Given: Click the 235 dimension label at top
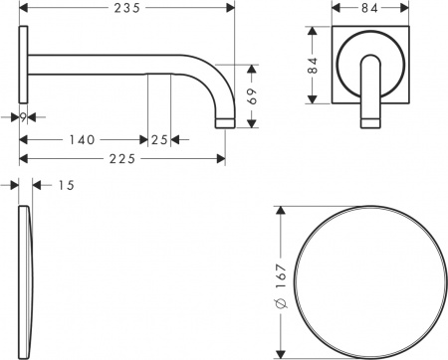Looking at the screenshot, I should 126,8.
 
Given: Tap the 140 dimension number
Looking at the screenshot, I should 82,139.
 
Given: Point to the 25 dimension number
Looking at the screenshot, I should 159,139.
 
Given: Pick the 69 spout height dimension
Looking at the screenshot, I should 253,96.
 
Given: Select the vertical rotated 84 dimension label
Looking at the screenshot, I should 313,66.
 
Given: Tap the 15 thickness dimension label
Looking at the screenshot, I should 66,184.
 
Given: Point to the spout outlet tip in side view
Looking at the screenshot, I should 224,123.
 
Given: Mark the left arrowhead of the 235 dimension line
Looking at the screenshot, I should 23,8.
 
